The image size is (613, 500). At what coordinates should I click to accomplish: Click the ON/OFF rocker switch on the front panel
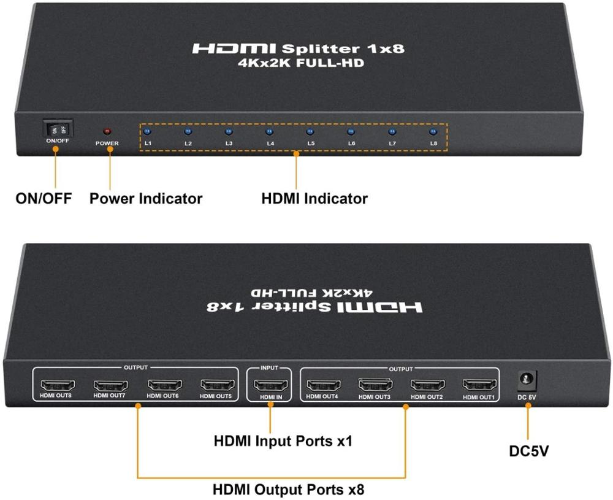[58, 129]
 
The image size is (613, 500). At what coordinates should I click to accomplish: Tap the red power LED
[107, 131]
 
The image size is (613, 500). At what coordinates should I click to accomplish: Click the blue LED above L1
[148, 131]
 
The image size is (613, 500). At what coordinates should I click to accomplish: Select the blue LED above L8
[433, 131]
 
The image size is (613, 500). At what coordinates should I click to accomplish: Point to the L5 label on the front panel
[311, 144]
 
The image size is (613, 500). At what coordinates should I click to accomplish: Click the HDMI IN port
[270, 387]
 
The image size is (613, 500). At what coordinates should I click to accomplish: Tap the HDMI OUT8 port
[58, 386]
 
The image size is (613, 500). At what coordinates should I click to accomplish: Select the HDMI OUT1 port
[480, 386]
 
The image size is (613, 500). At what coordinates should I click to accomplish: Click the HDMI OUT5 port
[217, 386]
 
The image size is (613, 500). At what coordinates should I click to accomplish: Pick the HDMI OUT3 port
[376, 386]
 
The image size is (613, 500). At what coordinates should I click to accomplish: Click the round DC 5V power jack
[527, 380]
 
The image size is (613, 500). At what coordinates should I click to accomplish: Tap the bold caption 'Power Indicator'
[146, 199]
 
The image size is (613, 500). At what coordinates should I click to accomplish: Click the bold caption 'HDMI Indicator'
[314, 199]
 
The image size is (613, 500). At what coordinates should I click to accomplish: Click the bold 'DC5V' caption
[529, 452]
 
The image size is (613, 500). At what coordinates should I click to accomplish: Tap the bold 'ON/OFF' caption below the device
[44, 199]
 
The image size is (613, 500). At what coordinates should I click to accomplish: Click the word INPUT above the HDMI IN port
[270, 368]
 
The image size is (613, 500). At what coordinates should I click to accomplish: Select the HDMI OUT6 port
[164, 386]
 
